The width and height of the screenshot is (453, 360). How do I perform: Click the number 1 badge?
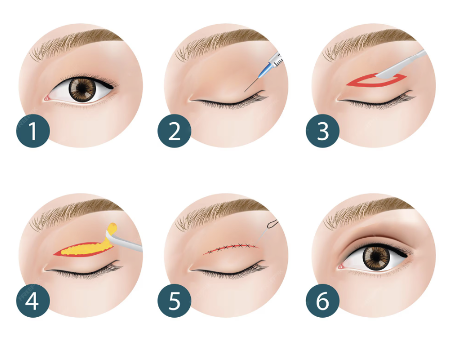point(33,131)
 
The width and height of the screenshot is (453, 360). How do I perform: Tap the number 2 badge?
point(174,131)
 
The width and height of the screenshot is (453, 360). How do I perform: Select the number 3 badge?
point(322,131)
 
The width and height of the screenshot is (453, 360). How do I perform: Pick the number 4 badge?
point(33,301)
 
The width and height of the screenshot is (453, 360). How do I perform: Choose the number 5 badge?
point(174,301)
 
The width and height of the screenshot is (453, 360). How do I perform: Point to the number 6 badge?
point(322,301)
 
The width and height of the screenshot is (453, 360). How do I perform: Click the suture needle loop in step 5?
point(273,223)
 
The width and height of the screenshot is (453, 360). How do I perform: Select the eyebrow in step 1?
point(76,43)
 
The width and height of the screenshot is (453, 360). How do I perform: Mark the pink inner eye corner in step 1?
point(46,99)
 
